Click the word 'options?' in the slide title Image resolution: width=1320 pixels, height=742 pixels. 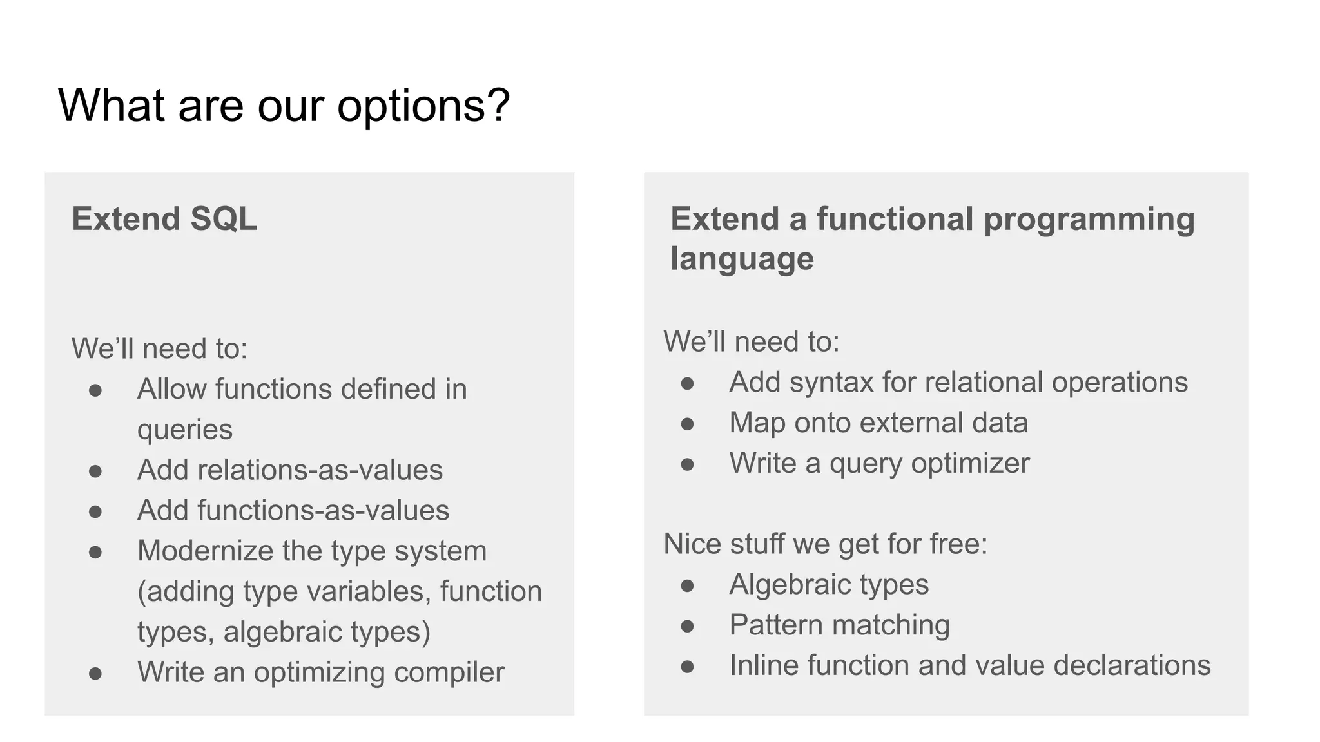(x=423, y=106)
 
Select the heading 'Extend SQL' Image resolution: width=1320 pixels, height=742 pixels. (x=164, y=219)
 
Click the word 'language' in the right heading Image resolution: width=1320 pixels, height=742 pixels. (x=742, y=259)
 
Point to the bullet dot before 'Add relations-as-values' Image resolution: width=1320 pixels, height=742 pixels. (x=95, y=471)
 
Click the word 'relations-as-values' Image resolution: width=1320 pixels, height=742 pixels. (x=320, y=470)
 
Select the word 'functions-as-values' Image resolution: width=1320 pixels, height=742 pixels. (x=323, y=510)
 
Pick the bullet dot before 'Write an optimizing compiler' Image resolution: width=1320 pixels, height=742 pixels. (x=95, y=674)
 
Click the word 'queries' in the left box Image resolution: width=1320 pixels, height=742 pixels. (x=185, y=430)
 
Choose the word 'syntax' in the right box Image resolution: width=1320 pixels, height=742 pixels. (x=831, y=383)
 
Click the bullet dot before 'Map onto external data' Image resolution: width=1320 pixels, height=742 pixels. (x=687, y=424)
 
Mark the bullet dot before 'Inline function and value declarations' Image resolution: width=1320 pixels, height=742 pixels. (x=687, y=667)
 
